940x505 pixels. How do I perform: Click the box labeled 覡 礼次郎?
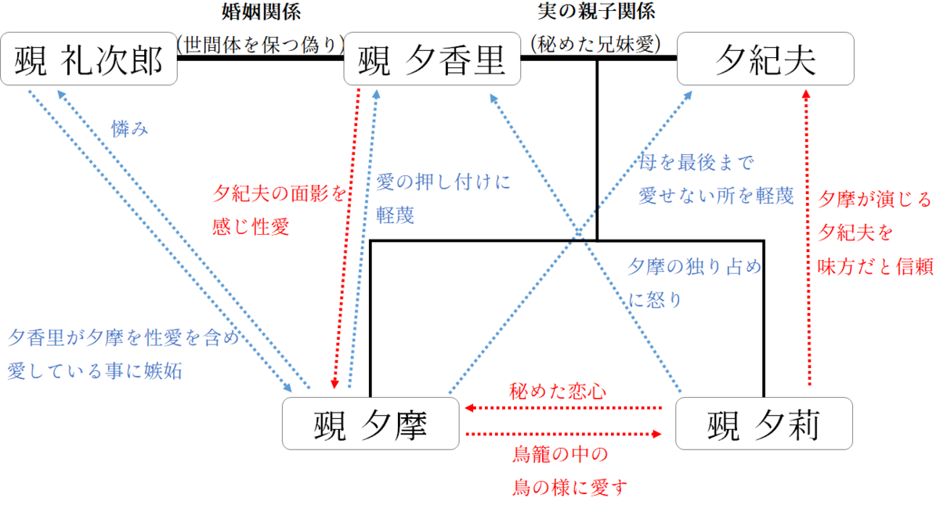coord(89,59)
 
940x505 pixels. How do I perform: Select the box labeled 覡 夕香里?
coord(432,59)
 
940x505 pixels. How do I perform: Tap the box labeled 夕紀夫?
coord(766,59)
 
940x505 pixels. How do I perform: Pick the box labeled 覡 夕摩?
coord(371,424)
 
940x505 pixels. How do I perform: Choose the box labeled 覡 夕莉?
coord(764,424)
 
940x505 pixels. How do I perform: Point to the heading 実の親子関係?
coord(597,12)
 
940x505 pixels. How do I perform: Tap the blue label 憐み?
coord(130,129)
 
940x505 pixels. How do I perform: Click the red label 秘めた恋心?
coord(558,391)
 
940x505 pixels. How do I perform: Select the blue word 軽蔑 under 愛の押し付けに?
coord(395,215)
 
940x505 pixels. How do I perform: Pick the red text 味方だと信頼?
coord(875,267)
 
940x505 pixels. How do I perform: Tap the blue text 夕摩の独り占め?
coord(694,267)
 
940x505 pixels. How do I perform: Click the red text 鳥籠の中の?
coord(560,454)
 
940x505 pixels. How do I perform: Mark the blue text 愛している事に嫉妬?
coord(95,370)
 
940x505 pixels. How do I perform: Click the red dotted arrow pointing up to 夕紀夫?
coord(808,235)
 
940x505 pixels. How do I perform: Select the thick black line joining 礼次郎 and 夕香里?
coord(261,60)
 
